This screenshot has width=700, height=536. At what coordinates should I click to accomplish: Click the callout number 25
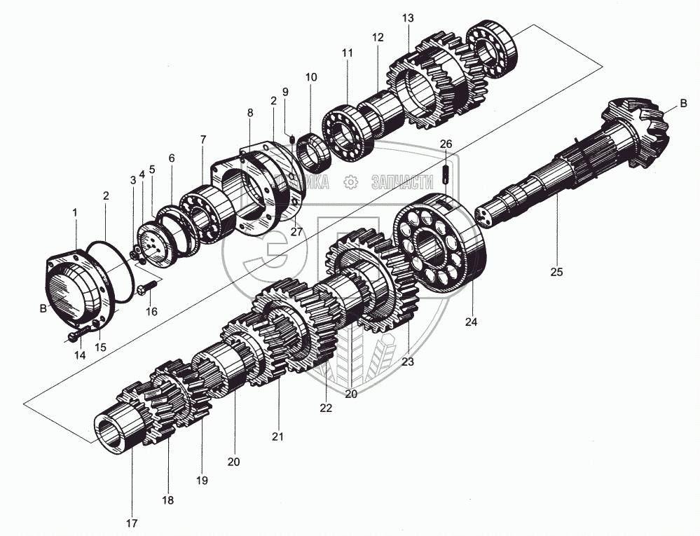click(x=556, y=273)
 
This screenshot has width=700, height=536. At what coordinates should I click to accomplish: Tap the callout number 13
click(x=409, y=18)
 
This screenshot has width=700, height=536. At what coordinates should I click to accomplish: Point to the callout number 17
click(x=132, y=523)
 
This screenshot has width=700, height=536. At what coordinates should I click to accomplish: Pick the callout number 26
click(x=446, y=144)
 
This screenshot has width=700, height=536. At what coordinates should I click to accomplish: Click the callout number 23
click(x=408, y=362)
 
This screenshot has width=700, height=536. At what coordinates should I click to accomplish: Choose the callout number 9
click(x=285, y=92)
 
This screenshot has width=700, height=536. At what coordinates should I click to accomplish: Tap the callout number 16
click(x=151, y=311)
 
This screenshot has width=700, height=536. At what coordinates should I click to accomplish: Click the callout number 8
click(x=249, y=112)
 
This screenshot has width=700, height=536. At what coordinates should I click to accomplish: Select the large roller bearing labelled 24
click(x=440, y=242)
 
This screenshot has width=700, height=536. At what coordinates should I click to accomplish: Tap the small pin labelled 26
click(x=446, y=174)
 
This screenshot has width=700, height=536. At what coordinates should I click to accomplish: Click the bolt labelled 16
click(x=150, y=287)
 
